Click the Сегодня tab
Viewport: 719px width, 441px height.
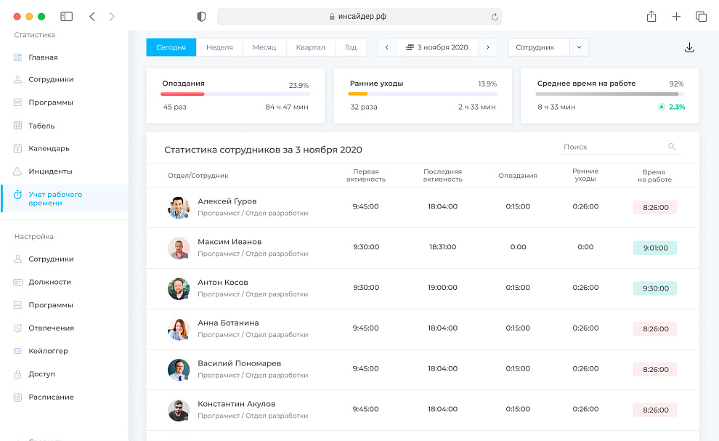pyautogui.click(x=171, y=47)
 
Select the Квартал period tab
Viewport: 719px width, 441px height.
pyautogui.click(x=310, y=47)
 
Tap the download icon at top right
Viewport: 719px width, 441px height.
pyautogui.click(x=689, y=48)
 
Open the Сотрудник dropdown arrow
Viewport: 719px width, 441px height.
pyautogui.click(x=579, y=47)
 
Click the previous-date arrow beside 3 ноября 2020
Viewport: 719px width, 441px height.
pyautogui.click(x=386, y=47)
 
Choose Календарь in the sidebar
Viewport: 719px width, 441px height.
pyautogui.click(x=49, y=148)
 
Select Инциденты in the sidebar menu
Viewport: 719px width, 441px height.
pyautogui.click(x=50, y=171)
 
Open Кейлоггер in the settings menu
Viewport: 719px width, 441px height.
pyautogui.click(x=48, y=351)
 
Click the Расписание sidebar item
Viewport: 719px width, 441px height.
pyautogui.click(x=51, y=397)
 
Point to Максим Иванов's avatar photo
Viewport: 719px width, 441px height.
pyautogui.click(x=178, y=248)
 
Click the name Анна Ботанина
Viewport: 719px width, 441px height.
pyautogui.click(x=228, y=323)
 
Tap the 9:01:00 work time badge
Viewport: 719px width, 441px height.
pyautogui.click(x=654, y=248)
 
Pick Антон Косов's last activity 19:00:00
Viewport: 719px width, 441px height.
pyautogui.click(x=442, y=288)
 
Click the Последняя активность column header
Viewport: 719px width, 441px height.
pyautogui.click(x=442, y=175)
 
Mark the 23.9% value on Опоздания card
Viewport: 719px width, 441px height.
pyautogui.click(x=298, y=85)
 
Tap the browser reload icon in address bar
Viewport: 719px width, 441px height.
pyautogui.click(x=495, y=17)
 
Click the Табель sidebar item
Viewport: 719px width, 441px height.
pyautogui.click(x=41, y=126)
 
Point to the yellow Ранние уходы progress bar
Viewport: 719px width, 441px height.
pyautogui.click(x=358, y=94)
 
